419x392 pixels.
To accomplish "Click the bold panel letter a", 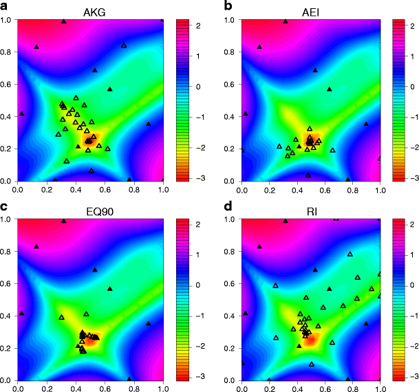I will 5,6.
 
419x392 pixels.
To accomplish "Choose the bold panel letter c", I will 5,206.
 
